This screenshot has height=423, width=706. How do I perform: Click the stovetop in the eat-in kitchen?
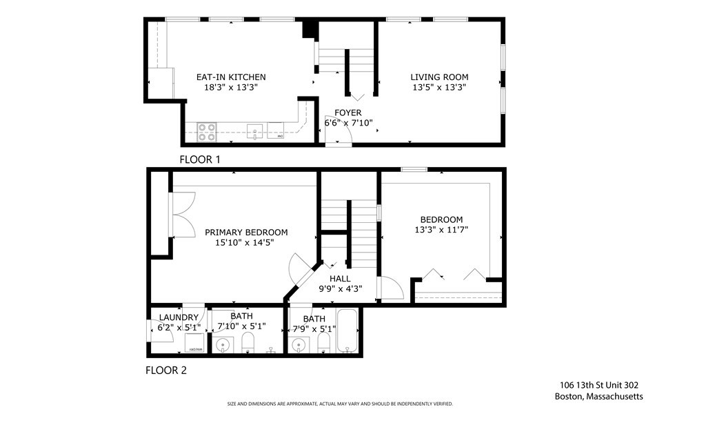(207, 132)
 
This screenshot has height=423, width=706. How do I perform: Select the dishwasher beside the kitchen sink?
(276, 130)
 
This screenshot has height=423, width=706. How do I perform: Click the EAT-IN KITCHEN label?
(231, 77)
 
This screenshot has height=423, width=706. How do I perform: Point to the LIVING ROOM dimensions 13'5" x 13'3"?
(439, 88)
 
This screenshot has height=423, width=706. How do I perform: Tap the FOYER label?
(347, 113)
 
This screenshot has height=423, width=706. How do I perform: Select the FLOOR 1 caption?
(199, 159)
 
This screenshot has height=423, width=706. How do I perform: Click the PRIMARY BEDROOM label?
(246, 233)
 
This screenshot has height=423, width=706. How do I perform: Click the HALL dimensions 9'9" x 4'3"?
(340, 289)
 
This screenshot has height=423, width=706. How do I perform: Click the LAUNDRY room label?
(179, 317)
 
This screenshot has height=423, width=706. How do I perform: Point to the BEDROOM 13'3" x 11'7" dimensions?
(441, 230)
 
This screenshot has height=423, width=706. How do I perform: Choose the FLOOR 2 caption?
(165, 371)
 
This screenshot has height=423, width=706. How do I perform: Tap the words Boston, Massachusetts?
(598, 396)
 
